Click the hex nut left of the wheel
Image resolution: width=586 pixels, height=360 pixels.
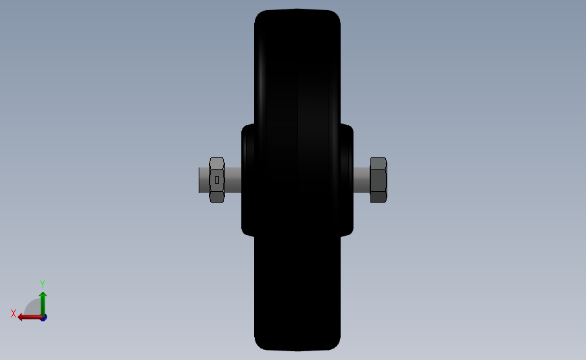pyautogui.click(x=217, y=180)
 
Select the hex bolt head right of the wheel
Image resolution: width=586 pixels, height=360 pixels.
pyautogui.click(x=379, y=180)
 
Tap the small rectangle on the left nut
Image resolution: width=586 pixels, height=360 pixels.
pyautogui.click(x=217, y=180)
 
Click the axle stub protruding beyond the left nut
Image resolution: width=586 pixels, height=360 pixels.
pyautogui.click(x=203, y=180)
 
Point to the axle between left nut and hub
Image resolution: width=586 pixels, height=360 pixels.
pyautogui.click(x=233, y=180)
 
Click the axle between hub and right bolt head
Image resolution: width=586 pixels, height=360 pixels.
pyautogui.click(x=362, y=180)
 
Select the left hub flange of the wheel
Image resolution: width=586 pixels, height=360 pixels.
pyautogui.click(x=248, y=180)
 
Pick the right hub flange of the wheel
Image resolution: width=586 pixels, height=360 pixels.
pyautogui.click(x=347, y=180)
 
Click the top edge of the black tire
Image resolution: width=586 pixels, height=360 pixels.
pyautogui.click(x=297, y=10)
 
